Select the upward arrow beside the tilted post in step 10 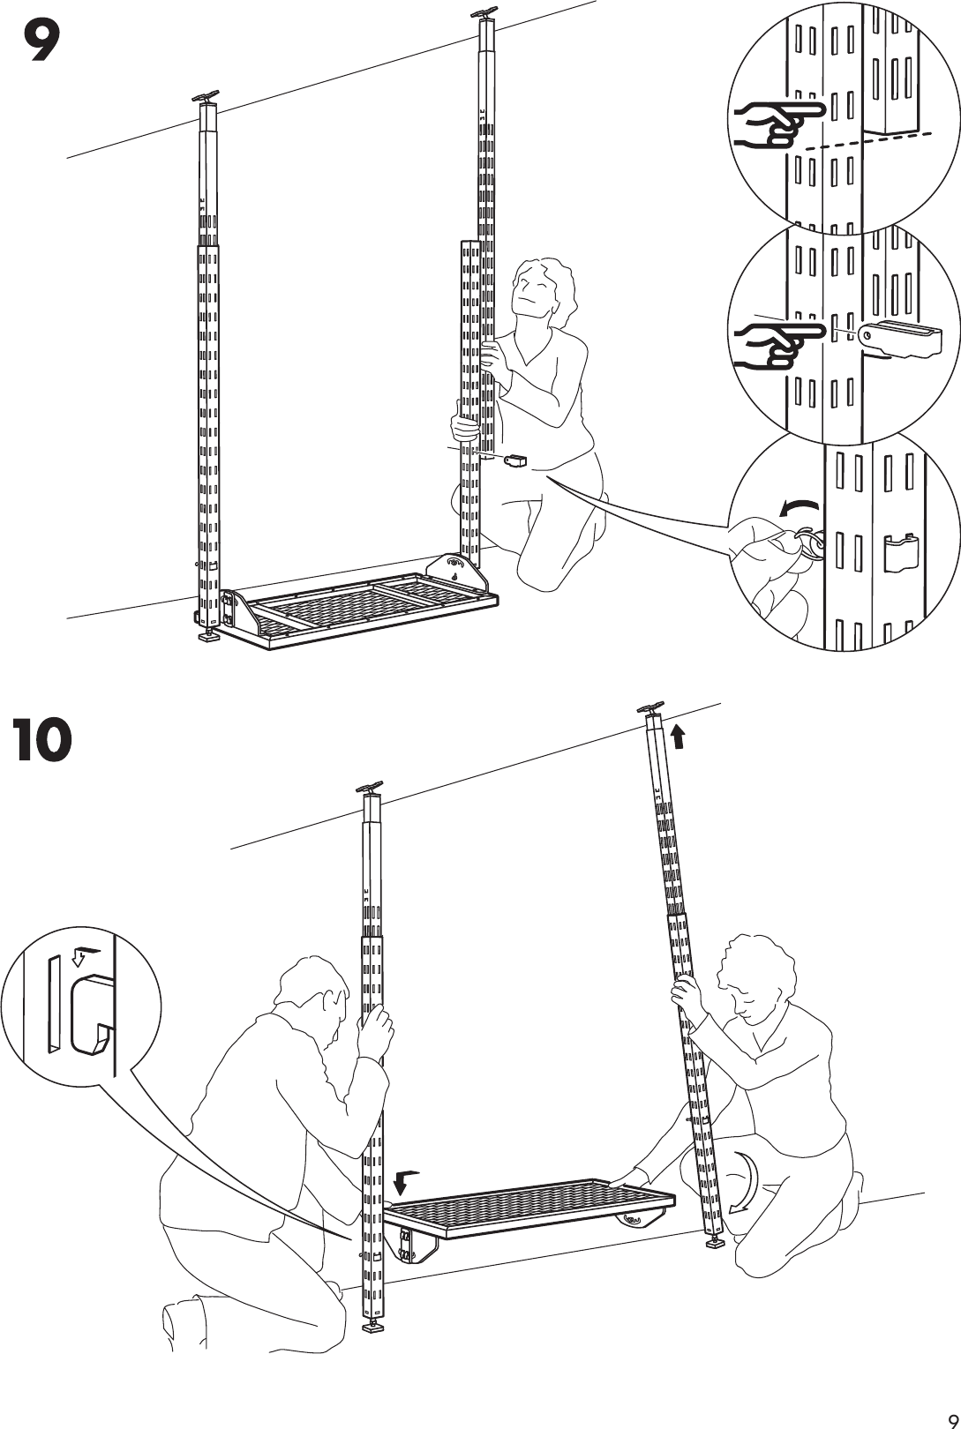click(678, 736)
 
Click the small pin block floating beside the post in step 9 click(514, 460)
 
